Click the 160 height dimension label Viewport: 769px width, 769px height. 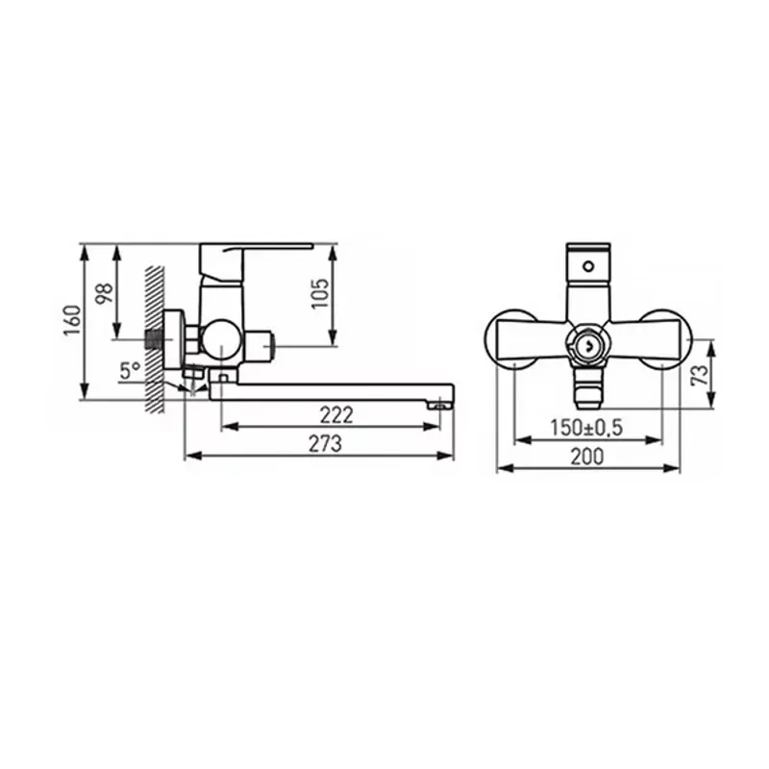pyautogui.click(x=73, y=320)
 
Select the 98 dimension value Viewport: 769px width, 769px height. pyautogui.click(x=105, y=293)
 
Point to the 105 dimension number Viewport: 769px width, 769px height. pyautogui.click(x=320, y=293)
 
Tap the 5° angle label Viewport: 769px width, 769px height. pyautogui.click(x=131, y=371)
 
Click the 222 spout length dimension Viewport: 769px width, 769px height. pyautogui.click(x=336, y=415)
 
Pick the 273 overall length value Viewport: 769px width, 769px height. pyautogui.click(x=325, y=444)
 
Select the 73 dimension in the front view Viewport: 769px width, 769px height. pyautogui.click(x=700, y=375)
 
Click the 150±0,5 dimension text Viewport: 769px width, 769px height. pyautogui.click(x=586, y=428)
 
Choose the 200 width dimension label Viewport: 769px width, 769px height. pyautogui.click(x=587, y=457)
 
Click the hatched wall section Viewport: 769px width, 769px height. pyautogui.click(x=154, y=339)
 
